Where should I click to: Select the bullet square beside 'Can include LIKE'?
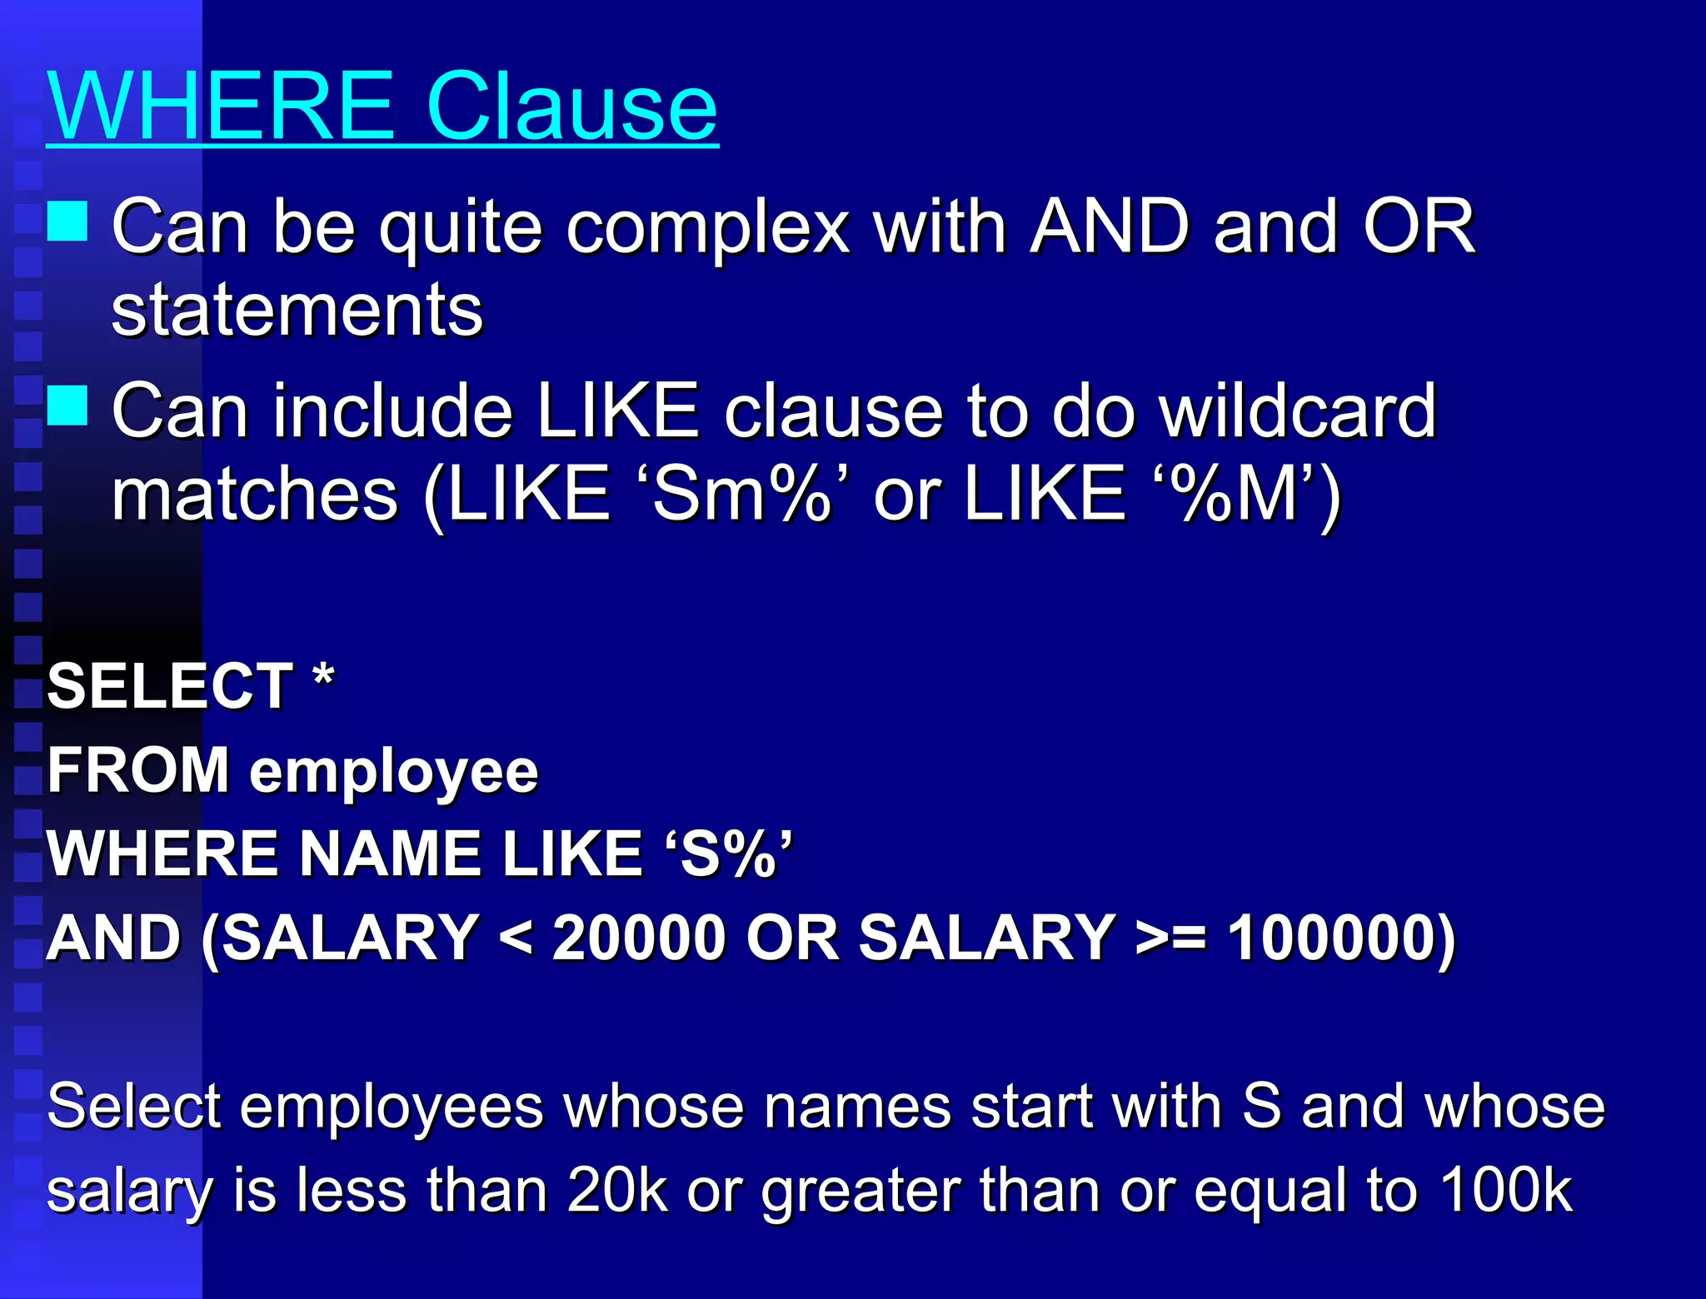67,406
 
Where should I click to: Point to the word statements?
297,310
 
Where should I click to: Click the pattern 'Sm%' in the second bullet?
741,495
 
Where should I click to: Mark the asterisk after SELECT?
324,678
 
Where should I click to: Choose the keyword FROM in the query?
138,770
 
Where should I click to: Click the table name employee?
394,773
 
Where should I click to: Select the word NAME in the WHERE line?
391,854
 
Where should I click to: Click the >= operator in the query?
1171,938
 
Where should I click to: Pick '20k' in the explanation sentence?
617,1190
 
